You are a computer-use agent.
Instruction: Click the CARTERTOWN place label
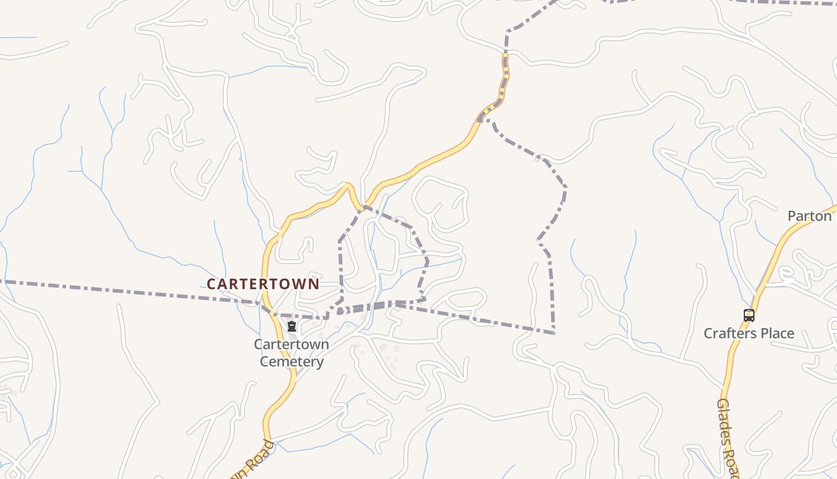(263, 284)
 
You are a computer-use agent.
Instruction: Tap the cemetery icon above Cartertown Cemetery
(292, 326)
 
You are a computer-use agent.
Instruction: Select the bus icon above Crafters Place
(749, 315)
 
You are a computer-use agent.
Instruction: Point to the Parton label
(809, 216)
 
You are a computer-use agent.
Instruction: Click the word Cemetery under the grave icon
(292, 362)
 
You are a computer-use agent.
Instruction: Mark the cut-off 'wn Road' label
(252, 461)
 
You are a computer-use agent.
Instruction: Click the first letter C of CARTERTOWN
(212, 284)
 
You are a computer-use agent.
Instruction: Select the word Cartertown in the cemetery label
(291, 344)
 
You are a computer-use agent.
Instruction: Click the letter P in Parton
(792, 216)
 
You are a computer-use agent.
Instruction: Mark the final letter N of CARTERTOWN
(314, 284)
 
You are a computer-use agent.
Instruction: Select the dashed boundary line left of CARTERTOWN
(120, 290)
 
